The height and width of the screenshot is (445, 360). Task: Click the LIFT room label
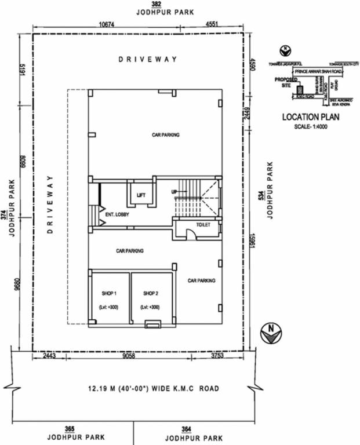(141, 195)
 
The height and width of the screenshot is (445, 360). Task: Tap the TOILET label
(203, 225)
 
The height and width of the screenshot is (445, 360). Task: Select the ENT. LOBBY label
(117, 215)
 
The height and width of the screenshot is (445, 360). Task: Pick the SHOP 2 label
(150, 293)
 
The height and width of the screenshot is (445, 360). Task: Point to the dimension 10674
(106, 24)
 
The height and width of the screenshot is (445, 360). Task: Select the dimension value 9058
(129, 356)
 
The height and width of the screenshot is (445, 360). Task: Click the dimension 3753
(218, 356)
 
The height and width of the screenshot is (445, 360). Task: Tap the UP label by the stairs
(173, 192)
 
